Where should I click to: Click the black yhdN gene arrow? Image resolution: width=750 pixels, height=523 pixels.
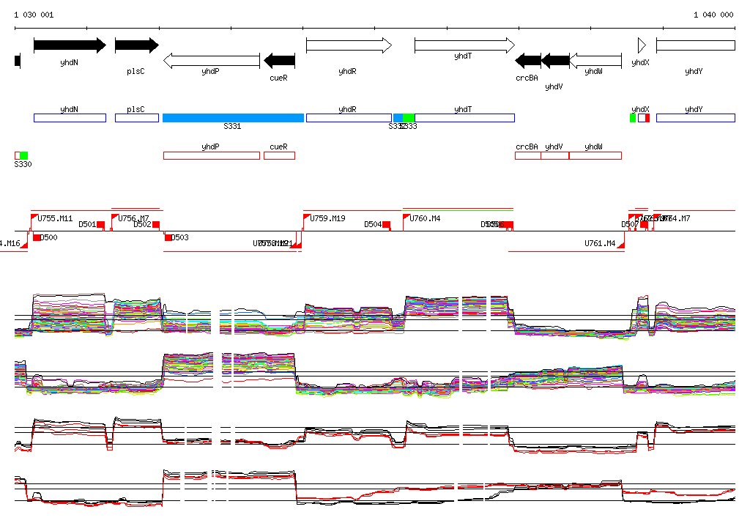70,45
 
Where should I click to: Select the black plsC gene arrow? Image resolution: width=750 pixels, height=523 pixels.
136,45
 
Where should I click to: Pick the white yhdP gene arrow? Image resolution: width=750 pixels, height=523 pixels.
211,60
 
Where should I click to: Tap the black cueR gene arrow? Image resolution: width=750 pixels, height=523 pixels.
279,60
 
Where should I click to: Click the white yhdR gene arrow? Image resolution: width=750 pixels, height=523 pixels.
349,45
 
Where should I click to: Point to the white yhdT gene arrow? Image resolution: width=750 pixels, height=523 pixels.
464,45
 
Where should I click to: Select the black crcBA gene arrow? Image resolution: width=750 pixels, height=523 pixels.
528,60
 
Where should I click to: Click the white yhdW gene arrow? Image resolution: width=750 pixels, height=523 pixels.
595,60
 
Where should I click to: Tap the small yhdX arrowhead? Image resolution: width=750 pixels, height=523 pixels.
642,45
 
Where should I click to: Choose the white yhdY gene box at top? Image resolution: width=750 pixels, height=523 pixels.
695,45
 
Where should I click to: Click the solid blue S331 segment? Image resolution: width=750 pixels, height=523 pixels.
233,118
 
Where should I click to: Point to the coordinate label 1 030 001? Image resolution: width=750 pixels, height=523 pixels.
34,15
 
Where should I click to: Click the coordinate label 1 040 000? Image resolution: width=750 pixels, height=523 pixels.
713,15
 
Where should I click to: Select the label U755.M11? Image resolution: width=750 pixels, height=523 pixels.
55,218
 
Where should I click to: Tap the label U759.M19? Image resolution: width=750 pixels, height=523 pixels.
327,218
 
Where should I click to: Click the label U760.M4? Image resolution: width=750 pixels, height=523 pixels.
425,218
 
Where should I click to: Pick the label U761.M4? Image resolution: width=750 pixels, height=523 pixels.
600,243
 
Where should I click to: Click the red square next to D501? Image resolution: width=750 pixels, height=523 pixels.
100,225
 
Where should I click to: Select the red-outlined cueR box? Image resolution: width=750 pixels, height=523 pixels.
279,155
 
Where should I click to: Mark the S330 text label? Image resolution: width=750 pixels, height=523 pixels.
23,165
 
